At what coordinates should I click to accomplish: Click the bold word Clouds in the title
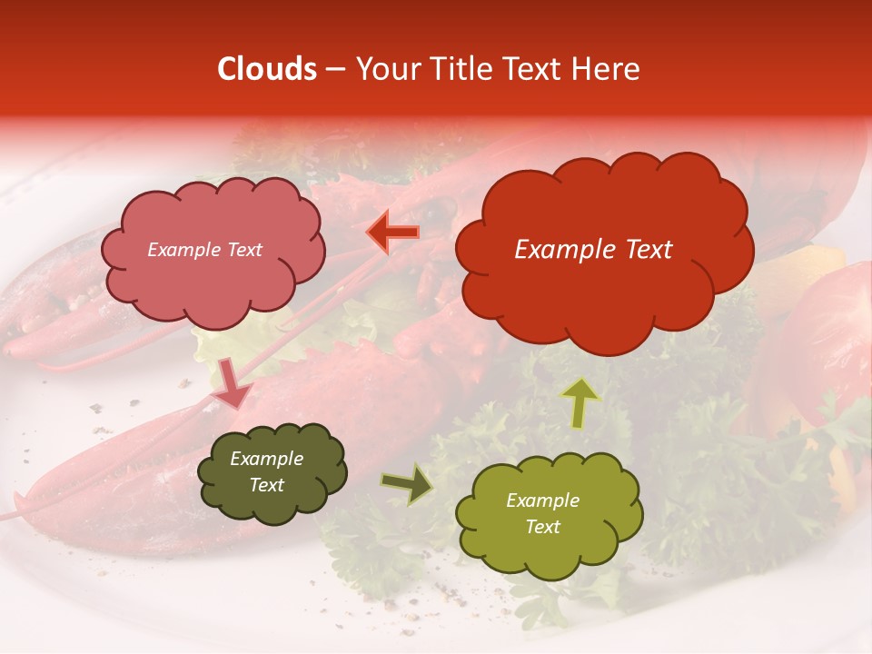click(267, 69)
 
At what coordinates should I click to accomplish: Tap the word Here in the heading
click(606, 69)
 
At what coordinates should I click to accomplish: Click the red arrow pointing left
click(392, 233)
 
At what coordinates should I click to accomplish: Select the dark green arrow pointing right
click(406, 484)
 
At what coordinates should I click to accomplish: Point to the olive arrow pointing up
click(580, 402)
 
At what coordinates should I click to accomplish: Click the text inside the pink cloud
click(204, 250)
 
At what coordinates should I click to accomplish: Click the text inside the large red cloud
click(593, 250)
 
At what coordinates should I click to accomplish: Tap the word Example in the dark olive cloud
click(266, 459)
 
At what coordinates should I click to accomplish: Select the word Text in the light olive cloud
click(542, 527)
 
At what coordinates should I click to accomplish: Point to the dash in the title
click(334, 70)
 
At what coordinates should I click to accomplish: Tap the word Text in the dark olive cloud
click(266, 485)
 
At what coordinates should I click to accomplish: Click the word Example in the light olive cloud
click(542, 500)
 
